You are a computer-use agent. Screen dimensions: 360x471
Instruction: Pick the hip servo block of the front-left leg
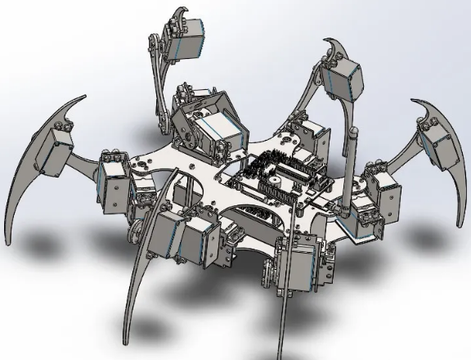click(x=184, y=237)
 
